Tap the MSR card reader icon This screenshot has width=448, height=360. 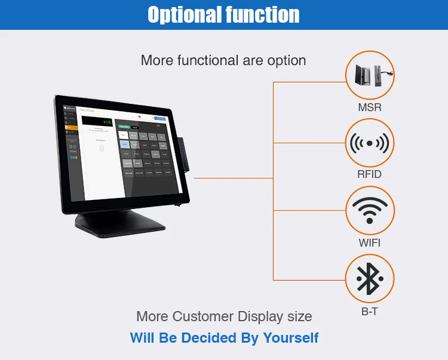tap(370, 75)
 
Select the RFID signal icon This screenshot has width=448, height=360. tap(370, 143)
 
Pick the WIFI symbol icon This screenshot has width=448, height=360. tap(370, 211)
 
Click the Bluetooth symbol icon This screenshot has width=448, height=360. tap(370, 279)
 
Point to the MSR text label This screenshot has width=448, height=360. tap(370, 107)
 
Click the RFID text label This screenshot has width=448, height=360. tap(370, 174)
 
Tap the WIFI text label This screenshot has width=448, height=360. tap(370, 242)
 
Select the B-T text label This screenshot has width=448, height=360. tap(370, 311)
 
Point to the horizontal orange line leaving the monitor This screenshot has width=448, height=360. tap(233, 177)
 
